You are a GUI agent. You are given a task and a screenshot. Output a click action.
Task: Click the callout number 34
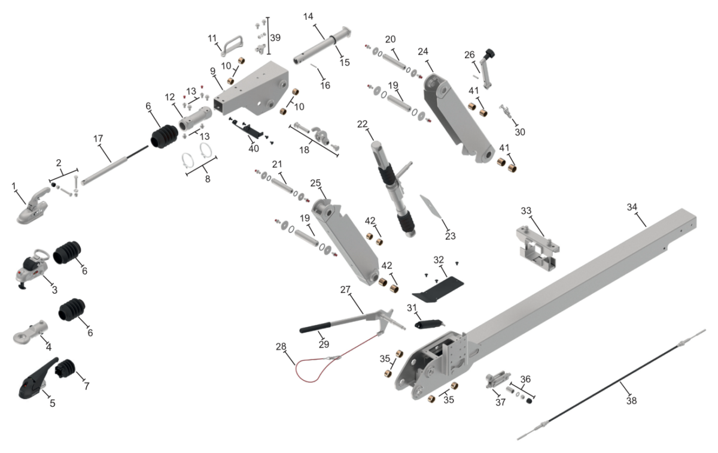pyautogui.click(x=632, y=207)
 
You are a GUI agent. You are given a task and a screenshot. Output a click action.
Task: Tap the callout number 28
pyautogui.click(x=281, y=346)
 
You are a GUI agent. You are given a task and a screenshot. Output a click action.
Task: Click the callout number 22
pyautogui.click(x=362, y=124)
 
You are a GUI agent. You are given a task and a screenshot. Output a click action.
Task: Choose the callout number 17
pyautogui.click(x=98, y=138)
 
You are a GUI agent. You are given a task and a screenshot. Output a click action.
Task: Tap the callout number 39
pyautogui.click(x=275, y=38)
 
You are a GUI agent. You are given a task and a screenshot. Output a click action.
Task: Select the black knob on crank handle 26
pyautogui.click(x=490, y=53)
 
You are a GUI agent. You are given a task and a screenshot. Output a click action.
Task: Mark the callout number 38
pyautogui.click(x=631, y=400)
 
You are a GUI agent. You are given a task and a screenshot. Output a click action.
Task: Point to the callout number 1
pyautogui.click(x=13, y=186)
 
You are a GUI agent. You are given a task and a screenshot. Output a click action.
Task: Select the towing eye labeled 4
pyautogui.click(x=31, y=333)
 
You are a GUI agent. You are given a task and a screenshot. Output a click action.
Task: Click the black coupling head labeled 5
pyautogui.click(x=37, y=380)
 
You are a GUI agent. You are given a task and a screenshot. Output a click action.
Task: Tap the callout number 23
pyautogui.click(x=450, y=236)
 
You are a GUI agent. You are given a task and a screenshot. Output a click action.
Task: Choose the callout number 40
pyautogui.click(x=254, y=149)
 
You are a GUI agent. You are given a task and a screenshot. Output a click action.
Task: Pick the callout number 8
pyautogui.click(x=208, y=179)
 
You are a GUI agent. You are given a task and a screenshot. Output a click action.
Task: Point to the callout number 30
pyautogui.click(x=520, y=132)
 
